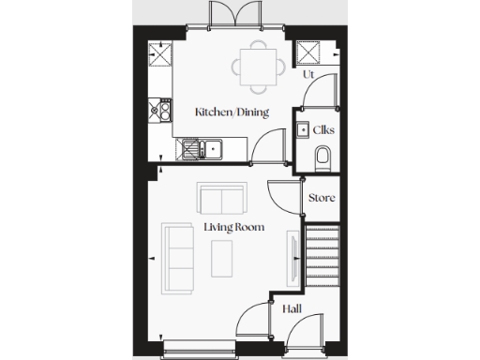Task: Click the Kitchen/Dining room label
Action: point(232,112)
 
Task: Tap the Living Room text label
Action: point(233,227)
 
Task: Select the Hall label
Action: point(291,307)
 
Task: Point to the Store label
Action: point(322,198)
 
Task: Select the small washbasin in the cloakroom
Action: point(303,130)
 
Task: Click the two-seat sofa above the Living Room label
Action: point(222,199)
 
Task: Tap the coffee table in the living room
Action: point(223,254)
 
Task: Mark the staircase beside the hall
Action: point(321,254)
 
